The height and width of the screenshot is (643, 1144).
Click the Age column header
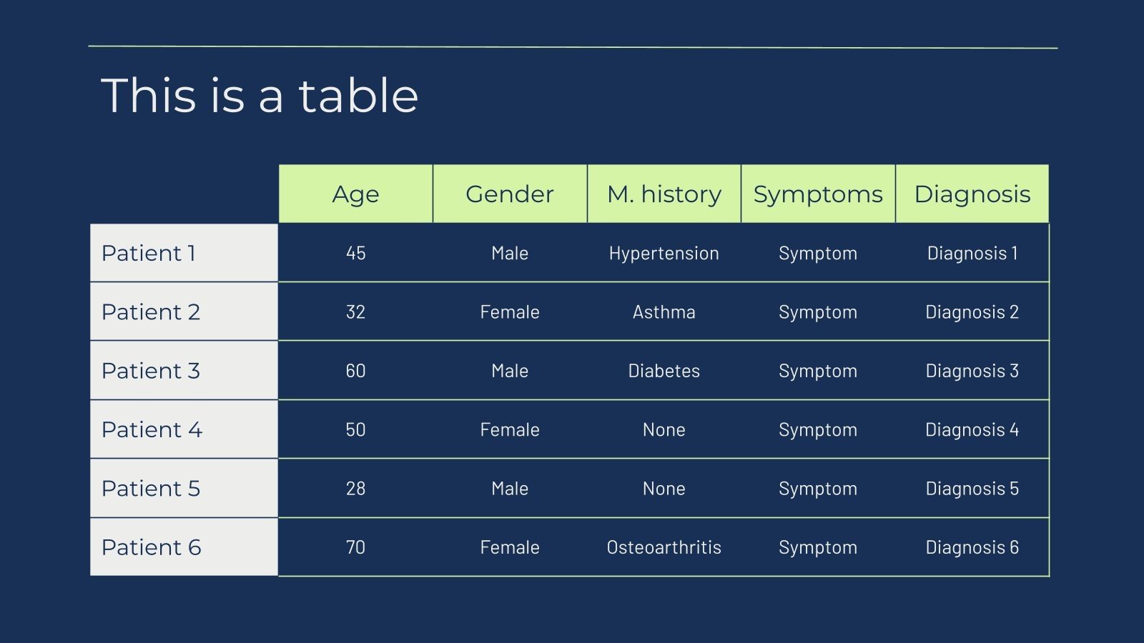click(x=355, y=194)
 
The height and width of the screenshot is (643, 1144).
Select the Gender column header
click(x=510, y=194)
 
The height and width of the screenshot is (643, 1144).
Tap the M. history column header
click(x=664, y=194)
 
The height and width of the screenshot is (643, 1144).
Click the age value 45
click(x=355, y=253)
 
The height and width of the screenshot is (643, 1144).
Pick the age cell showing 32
click(x=355, y=311)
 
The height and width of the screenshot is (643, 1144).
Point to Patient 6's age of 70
click(x=355, y=547)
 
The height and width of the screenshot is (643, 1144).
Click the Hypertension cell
click(x=664, y=254)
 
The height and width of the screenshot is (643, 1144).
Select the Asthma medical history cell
click(x=664, y=311)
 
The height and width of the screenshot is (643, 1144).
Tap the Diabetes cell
click(x=664, y=371)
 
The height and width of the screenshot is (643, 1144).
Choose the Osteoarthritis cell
click(x=664, y=547)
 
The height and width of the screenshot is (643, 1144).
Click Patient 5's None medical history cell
click(x=664, y=489)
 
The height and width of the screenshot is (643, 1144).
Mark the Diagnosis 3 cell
click(x=972, y=372)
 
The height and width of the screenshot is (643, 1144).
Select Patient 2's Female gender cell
click(x=510, y=311)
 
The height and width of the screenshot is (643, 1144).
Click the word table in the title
click(x=358, y=96)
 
